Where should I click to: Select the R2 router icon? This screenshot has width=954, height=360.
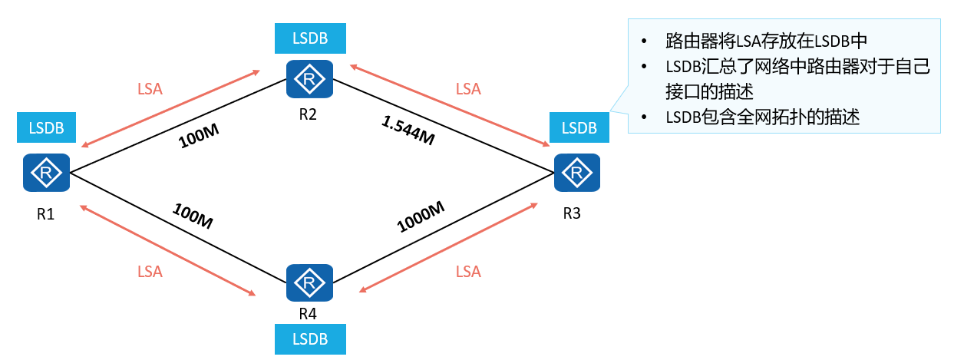309,79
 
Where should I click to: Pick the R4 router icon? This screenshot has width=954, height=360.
309,284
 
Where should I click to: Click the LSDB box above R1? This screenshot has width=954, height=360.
46,127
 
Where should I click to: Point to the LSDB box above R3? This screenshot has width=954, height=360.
579,127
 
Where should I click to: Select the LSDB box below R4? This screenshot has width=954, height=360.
309,339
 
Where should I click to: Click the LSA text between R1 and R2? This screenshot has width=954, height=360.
150,89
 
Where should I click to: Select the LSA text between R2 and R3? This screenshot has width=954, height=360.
467,89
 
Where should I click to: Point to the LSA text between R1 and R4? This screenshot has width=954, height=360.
150,271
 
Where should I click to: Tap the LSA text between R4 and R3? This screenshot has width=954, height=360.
467,272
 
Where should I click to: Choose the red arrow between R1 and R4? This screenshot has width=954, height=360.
167,249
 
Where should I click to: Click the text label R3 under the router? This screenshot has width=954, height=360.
572,213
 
